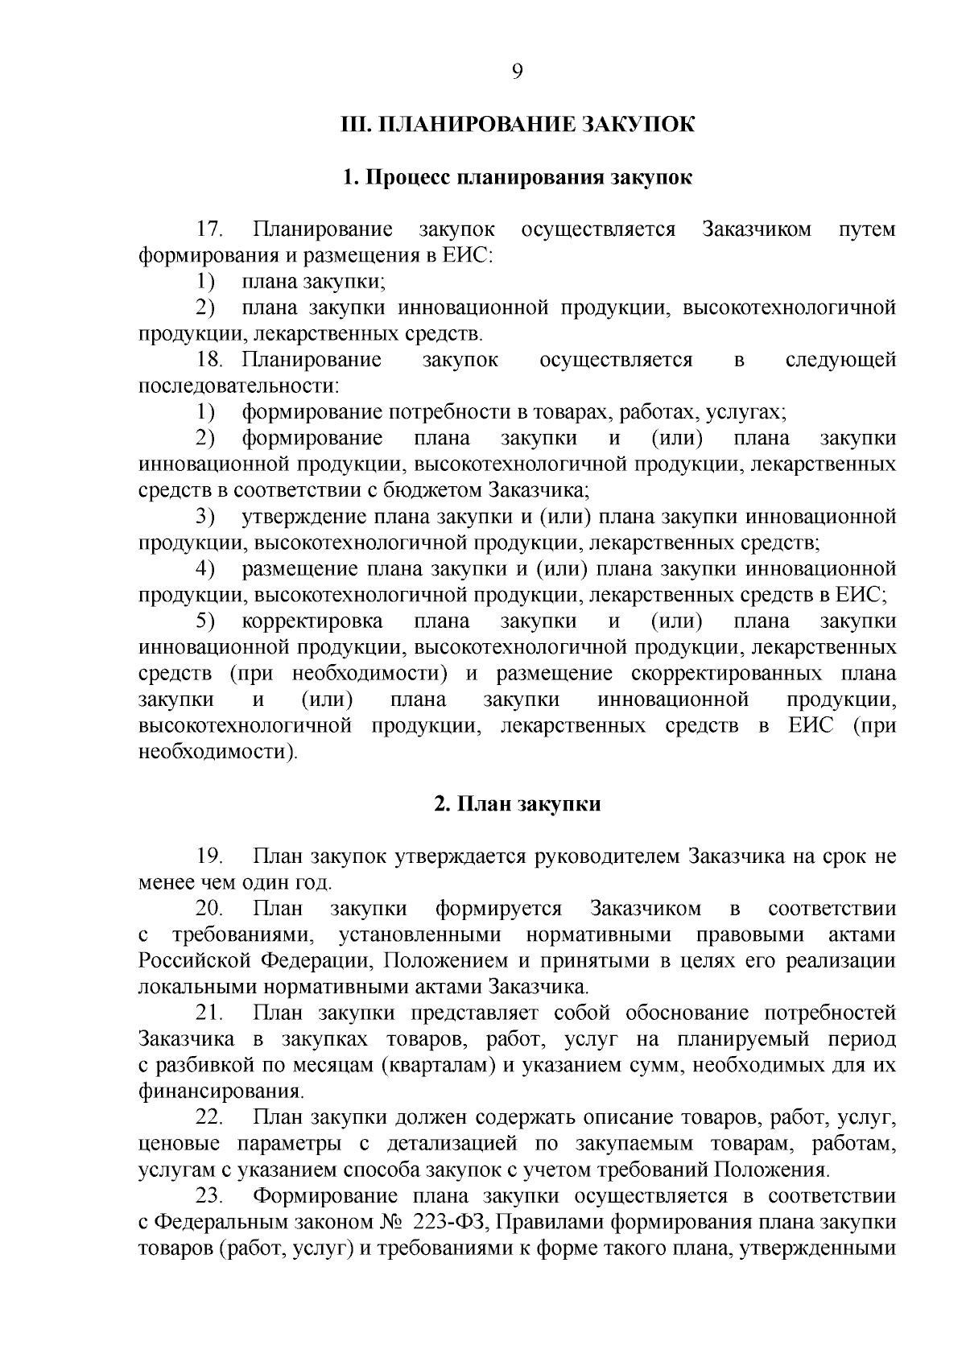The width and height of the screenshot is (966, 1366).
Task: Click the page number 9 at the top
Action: pyautogui.click(x=517, y=72)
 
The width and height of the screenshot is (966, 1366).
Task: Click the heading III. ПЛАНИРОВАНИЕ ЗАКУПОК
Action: pyautogui.click(x=517, y=126)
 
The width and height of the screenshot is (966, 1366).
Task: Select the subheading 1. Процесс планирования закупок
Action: pyautogui.click(x=517, y=177)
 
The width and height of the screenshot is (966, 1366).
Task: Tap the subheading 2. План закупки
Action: pyautogui.click(x=517, y=804)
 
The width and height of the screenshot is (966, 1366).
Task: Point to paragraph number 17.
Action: pyautogui.click(x=209, y=229)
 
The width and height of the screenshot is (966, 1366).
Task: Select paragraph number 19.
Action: pyautogui.click(x=209, y=856)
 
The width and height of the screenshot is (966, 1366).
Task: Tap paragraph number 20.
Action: pyautogui.click(x=209, y=909)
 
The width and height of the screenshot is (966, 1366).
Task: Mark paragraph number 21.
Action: pyautogui.click(x=209, y=1013)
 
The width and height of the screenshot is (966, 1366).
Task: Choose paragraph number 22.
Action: pyautogui.click(x=209, y=1117)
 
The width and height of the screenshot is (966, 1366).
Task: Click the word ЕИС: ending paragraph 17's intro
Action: pyautogui.click(x=468, y=256)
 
